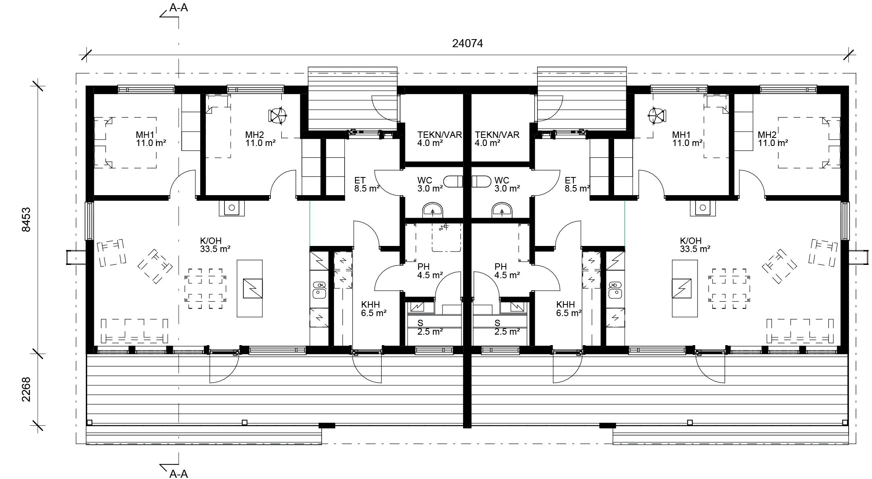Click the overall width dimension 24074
tap(467, 44)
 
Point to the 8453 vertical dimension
tap(26, 220)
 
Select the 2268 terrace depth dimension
tap(26, 389)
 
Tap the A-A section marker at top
tap(179, 8)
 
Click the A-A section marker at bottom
tap(179, 474)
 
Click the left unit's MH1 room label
tap(145, 135)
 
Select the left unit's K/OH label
tap(211, 241)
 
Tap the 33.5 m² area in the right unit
tap(695, 249)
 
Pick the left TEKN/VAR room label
tap(440, 135)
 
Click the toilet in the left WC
tap(453, 182)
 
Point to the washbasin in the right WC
tap(502, 210)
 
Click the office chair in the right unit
tap(656, 116)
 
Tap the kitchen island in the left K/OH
tap(249, 288)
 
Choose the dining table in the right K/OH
tap(729, 289)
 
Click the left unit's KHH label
tap(370, 304)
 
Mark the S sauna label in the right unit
tap(497, 323)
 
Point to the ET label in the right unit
tap(570, 180)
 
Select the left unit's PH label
tap(424, 267)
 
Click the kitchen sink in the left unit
tap(320, 290)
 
